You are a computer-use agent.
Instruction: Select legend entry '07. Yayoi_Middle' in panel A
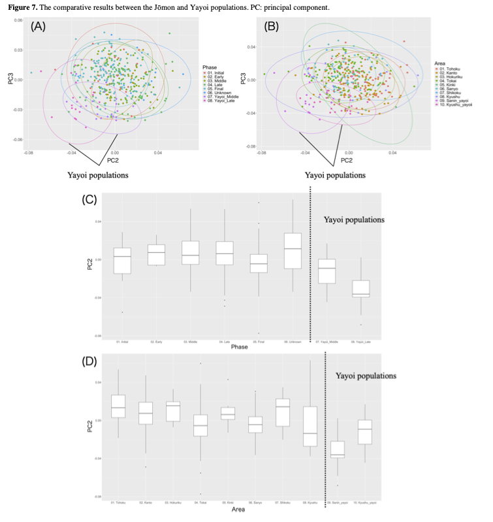click(226, 97)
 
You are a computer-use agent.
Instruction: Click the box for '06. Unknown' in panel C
click(293, 251)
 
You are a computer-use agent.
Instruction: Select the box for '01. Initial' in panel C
click(122, 260)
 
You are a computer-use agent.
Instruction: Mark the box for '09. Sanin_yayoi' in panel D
click(338, 449)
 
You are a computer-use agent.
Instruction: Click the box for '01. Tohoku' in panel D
click(118, 406)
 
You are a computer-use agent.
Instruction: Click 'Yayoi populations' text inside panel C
click(354, 220)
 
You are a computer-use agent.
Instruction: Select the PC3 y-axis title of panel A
click(10, 78)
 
